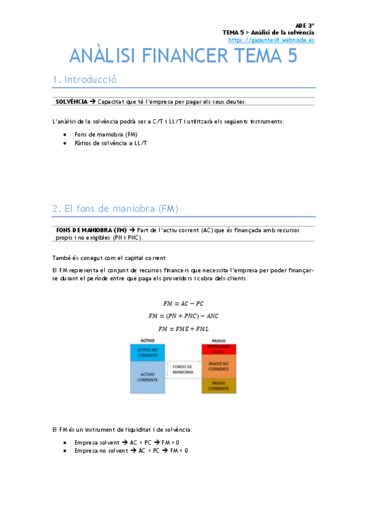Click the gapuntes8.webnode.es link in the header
coord(271,40)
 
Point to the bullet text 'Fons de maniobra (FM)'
coord(106,134)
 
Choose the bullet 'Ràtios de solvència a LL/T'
coord(111,142)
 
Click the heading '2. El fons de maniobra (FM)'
coord(115,209)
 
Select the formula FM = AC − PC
coord(183,304)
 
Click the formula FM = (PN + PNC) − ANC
coord(183,316)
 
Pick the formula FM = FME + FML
coord(183,329)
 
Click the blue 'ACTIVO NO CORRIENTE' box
coord(147,353)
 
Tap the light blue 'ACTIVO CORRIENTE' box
coord(147,377)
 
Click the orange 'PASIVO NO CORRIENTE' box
coord(219,366)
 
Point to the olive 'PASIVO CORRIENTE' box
coord(219,386)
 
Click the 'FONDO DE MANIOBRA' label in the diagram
coord(183,370)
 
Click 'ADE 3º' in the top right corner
coord(305,25)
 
